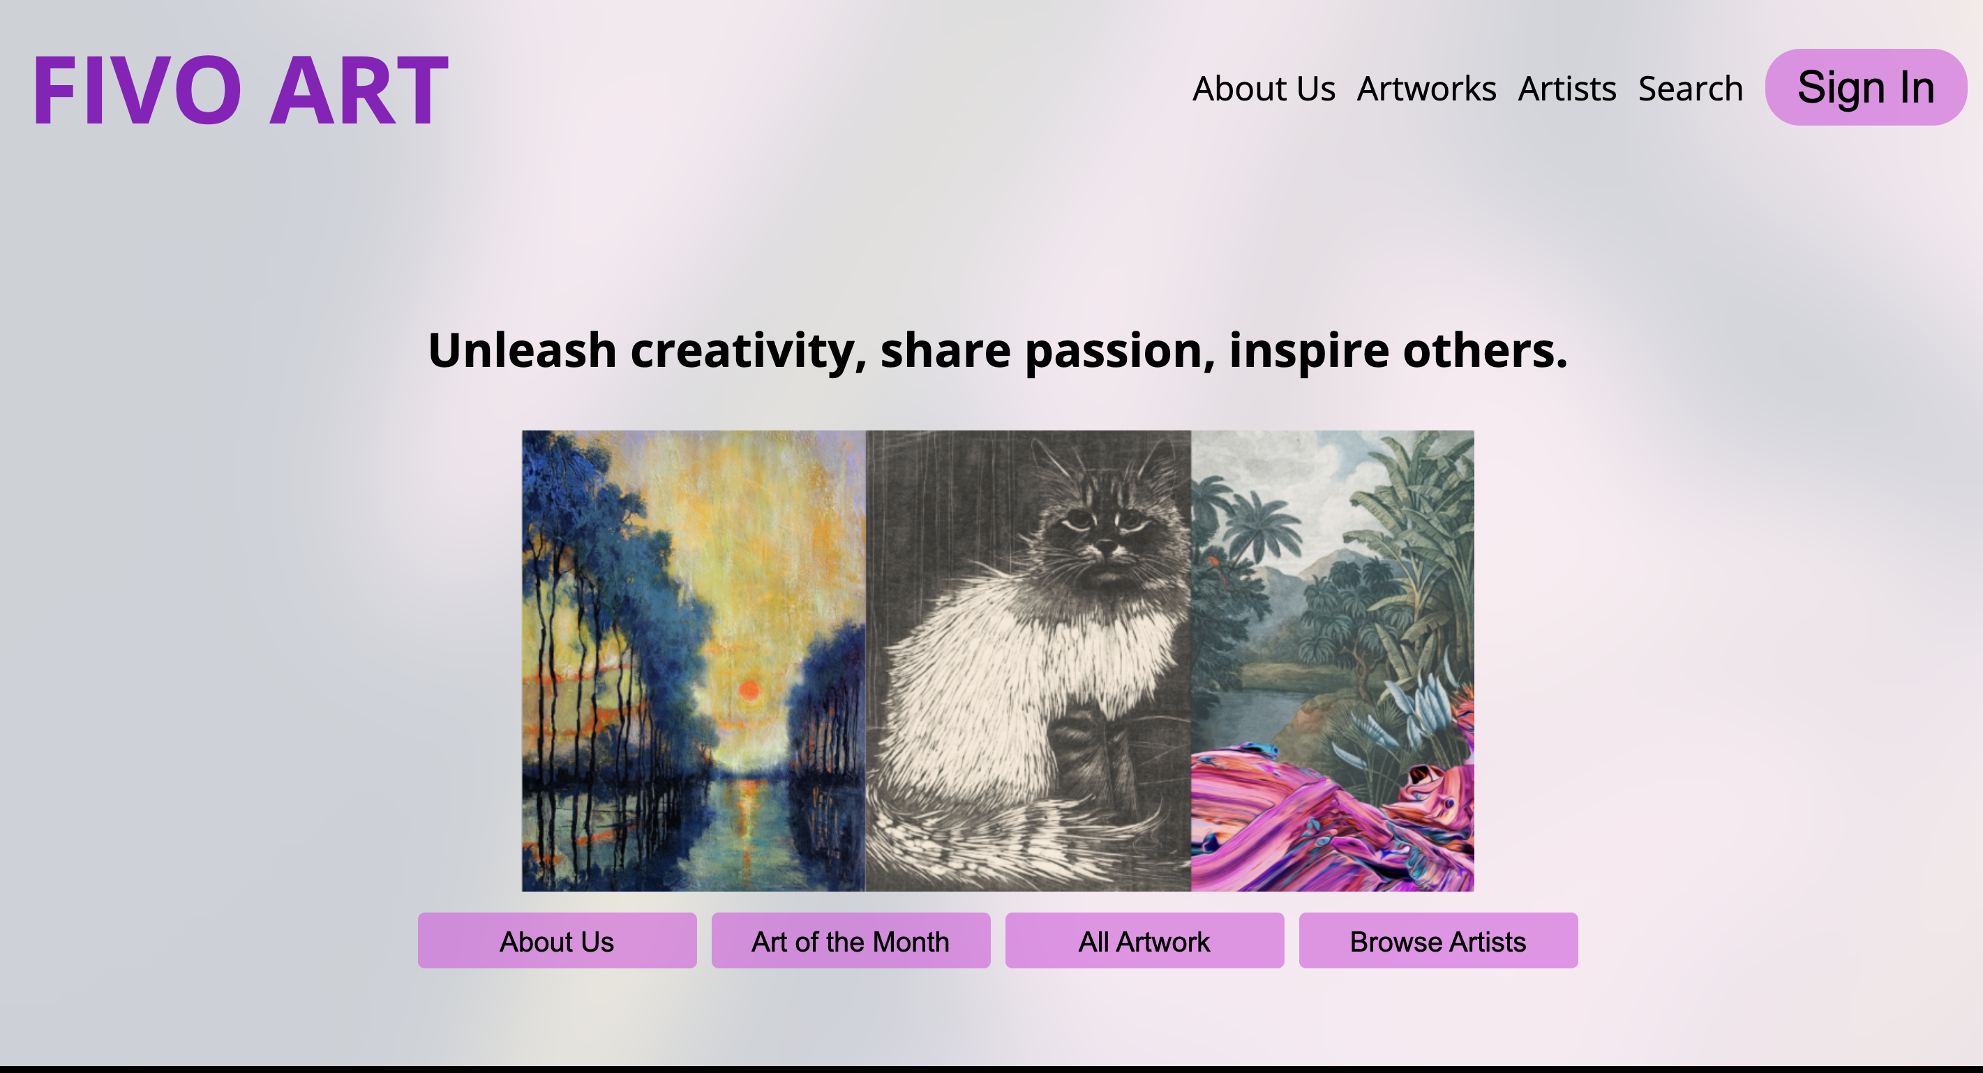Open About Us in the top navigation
coord(1263,89)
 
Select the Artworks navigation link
coord(1426,89)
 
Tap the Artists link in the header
coord(1566,89)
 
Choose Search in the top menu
coord(1691,89)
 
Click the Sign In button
coord(1866,87)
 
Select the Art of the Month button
coord(851,940)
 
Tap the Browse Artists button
coord(1439,940)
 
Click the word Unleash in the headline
coord(522,350)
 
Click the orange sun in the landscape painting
coord(749,690)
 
